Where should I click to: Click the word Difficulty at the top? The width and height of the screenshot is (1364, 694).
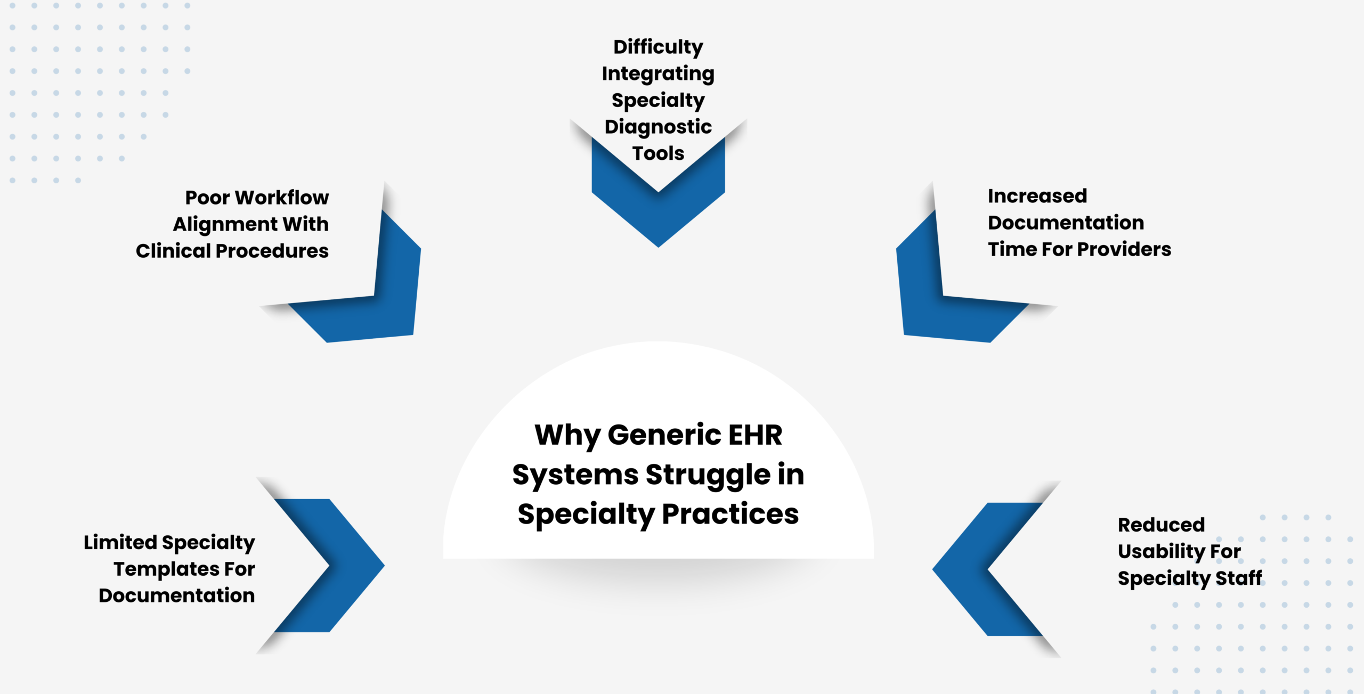(x=658, y=47)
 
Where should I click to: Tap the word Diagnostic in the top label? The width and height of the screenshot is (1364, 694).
(x=658, y=127)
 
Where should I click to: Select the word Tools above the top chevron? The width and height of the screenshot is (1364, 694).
(x=658, y=153)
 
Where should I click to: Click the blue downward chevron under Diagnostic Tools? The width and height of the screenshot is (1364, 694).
(x=658, y=213)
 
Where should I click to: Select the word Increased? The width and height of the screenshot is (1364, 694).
(x=1037, y=196)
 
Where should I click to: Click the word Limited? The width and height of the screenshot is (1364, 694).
(x=120, y=542)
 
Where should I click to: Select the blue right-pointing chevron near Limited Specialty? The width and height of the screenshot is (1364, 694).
(x=346, y=566)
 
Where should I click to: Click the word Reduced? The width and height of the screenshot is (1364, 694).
(x=1161, y=525)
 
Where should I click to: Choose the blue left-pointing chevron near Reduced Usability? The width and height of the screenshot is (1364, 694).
(x=970, y=569)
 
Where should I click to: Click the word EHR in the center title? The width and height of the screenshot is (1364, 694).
(x=755, y=435)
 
